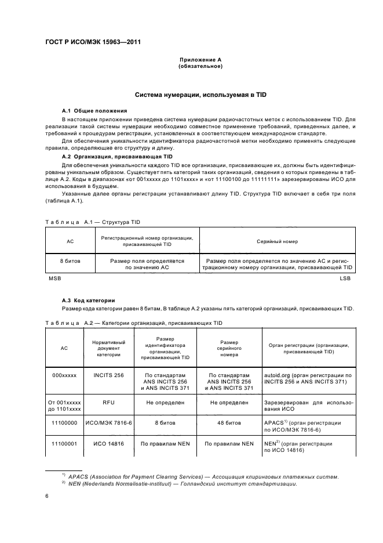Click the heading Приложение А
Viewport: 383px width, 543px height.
200,60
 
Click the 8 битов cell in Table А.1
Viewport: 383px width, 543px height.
70,261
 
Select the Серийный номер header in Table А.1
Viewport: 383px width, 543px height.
277,240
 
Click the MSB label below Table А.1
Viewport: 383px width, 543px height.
54,278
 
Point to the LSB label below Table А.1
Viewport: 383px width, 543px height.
346,278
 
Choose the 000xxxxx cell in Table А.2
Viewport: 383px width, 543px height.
64,376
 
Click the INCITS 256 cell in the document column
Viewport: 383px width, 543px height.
109,376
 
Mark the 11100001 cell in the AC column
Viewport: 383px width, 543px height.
64,443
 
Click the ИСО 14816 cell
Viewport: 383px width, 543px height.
109,443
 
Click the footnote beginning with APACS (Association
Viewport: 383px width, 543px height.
203,476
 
